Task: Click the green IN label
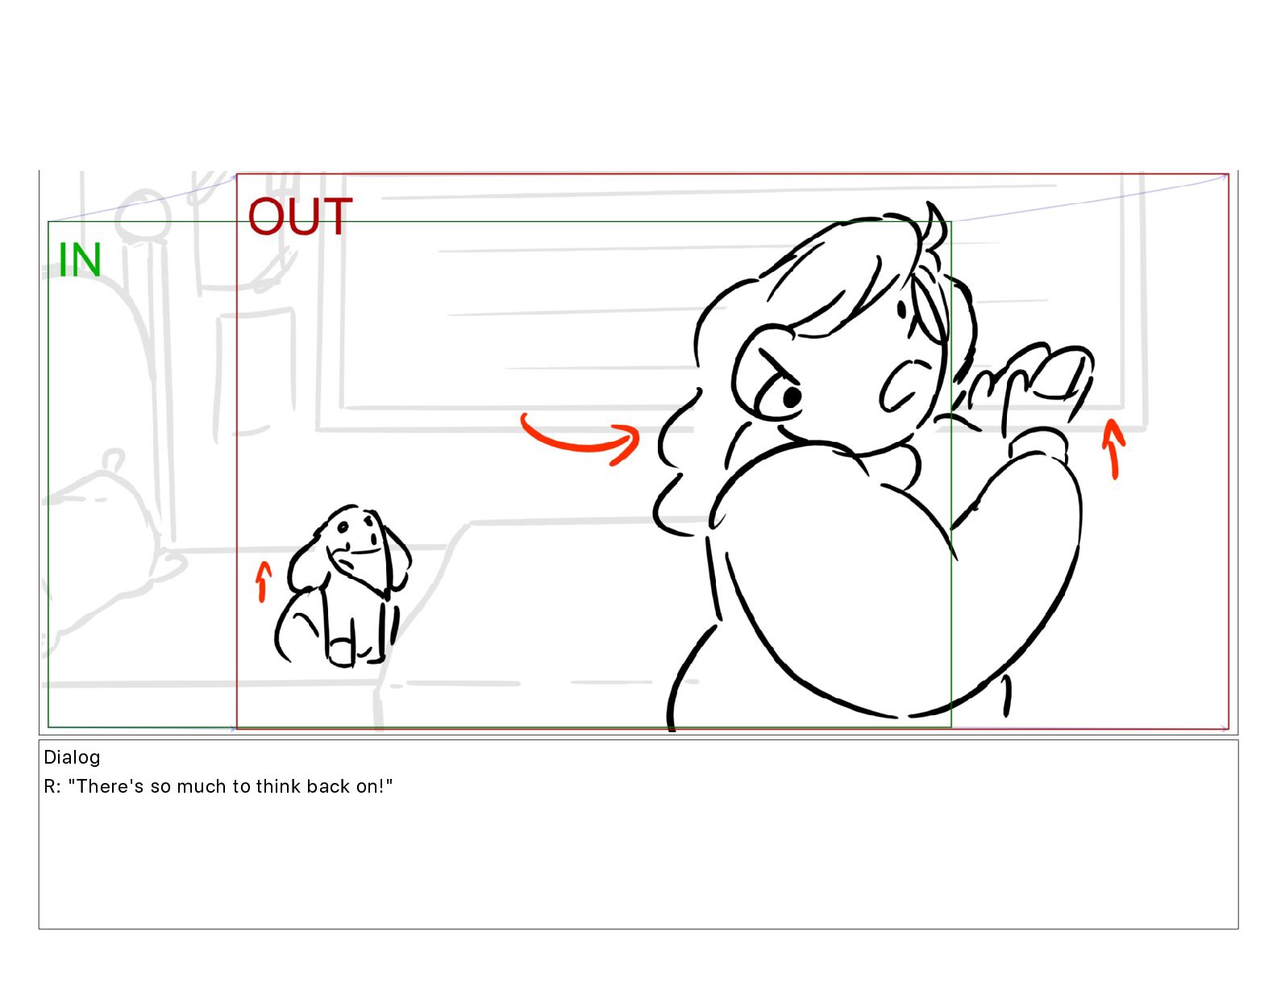[80, 260]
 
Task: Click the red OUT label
[300, 216]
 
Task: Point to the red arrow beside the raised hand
[1113, 448]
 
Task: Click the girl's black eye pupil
[792, 398]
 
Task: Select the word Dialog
[72, 758]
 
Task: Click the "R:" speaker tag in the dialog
[52, 786]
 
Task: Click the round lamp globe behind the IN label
[143, 216]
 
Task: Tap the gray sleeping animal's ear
[114, 458]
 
